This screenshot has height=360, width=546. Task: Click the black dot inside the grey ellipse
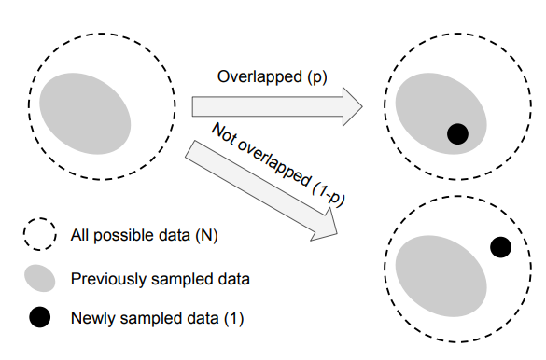click(456, 133)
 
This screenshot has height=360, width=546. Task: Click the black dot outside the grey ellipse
click(500, 247)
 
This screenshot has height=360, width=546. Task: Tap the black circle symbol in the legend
click(39, 318)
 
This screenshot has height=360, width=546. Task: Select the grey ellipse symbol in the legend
click(39, 278)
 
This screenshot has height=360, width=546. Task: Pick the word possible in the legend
click(119, 235)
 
